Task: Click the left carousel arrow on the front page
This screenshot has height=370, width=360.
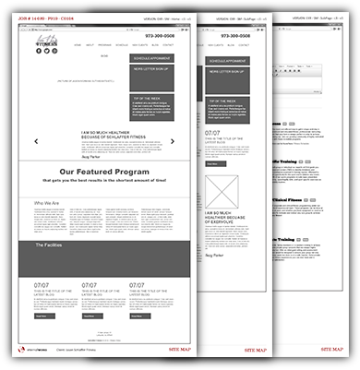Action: click(x=36, y=141)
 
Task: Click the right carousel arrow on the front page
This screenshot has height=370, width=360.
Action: click(x=173, y=141)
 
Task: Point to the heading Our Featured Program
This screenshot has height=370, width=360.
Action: click(x=102, y=171)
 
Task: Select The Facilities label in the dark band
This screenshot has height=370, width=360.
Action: click(x=51, y=245)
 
